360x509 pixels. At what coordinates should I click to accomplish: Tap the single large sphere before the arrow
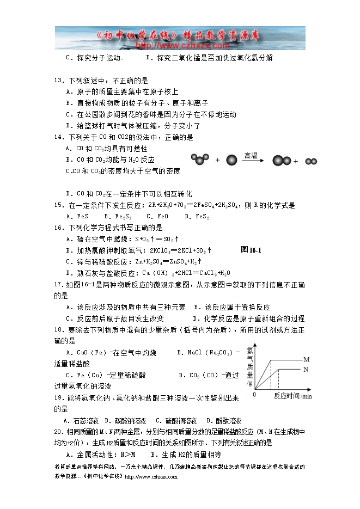point(231,160)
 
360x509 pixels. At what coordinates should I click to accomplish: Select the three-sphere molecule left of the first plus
point(200,159)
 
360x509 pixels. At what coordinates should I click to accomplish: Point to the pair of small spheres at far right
point(311,161)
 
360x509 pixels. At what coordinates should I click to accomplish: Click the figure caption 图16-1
point(251,250)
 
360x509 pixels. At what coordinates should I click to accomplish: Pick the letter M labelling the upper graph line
point(306,360)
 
